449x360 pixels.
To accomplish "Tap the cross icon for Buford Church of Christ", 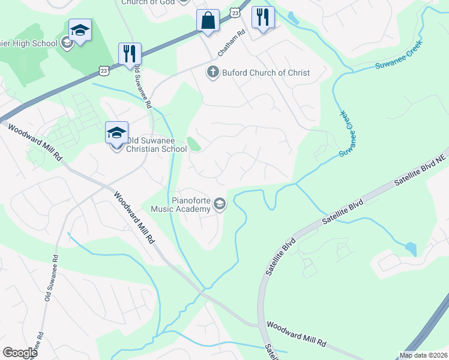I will click(212, 73).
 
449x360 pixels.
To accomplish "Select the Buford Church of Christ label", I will click(266, 73).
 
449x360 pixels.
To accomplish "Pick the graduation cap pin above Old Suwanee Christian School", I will click(116, 132).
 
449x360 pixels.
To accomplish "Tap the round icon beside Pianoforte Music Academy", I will click(220, 205).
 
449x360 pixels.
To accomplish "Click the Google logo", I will click(20, 352).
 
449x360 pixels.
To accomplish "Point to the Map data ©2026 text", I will click(423, 355).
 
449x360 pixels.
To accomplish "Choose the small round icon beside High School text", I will click(67, 43).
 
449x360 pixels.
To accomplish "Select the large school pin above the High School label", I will click(79, 31).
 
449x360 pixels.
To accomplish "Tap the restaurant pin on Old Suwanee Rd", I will click(130, 53).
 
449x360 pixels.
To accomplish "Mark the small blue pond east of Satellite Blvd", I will click(411, 248).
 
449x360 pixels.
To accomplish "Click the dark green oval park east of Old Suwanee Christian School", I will click(193, 145).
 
